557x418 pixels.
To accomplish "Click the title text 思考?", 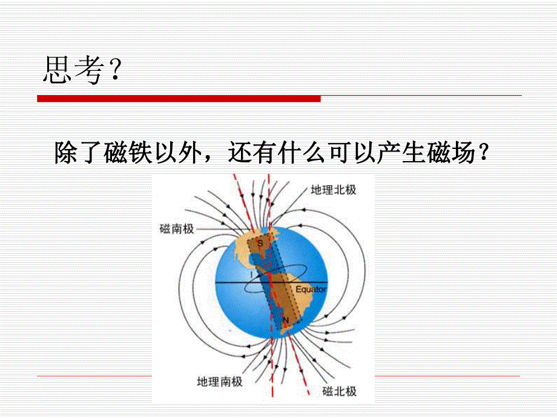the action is click(x=82, y=70).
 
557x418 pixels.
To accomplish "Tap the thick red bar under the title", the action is click(x=179, y=99).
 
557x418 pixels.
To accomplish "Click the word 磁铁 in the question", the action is click(x=128, y=153).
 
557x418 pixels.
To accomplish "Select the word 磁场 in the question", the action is click(x=451, y=153).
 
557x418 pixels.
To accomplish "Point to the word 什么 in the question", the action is click(x=302, y=153).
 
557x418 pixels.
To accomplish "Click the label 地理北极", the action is click(x=333, y=190).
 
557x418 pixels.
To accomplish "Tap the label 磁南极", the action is click(x=177, y=228).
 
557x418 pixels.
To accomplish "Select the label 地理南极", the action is click(x=220, y=382).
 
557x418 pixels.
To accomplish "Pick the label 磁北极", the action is click(x=340, y=391).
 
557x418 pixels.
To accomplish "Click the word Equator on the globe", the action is click(x=311, y=290).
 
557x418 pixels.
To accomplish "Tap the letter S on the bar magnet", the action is click(x=260, y=243).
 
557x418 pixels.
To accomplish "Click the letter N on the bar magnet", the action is click(x=286, y=320).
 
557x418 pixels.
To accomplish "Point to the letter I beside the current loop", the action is click(x=251, y=275).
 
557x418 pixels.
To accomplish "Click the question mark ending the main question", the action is click(x=483, y=153).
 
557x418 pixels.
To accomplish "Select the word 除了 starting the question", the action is click(x=79, y=153).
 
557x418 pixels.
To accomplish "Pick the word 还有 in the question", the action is click(x=252, y=153).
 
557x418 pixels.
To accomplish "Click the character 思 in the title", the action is click(x=56, y=70).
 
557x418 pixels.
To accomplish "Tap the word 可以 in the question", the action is click(x=352, y=153).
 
